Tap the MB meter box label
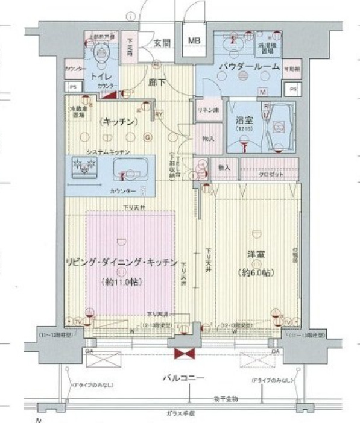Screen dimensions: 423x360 pyautogui.click(x=193, y=41)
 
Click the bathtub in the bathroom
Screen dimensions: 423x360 pyautogui.click(x=278, y=127)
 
